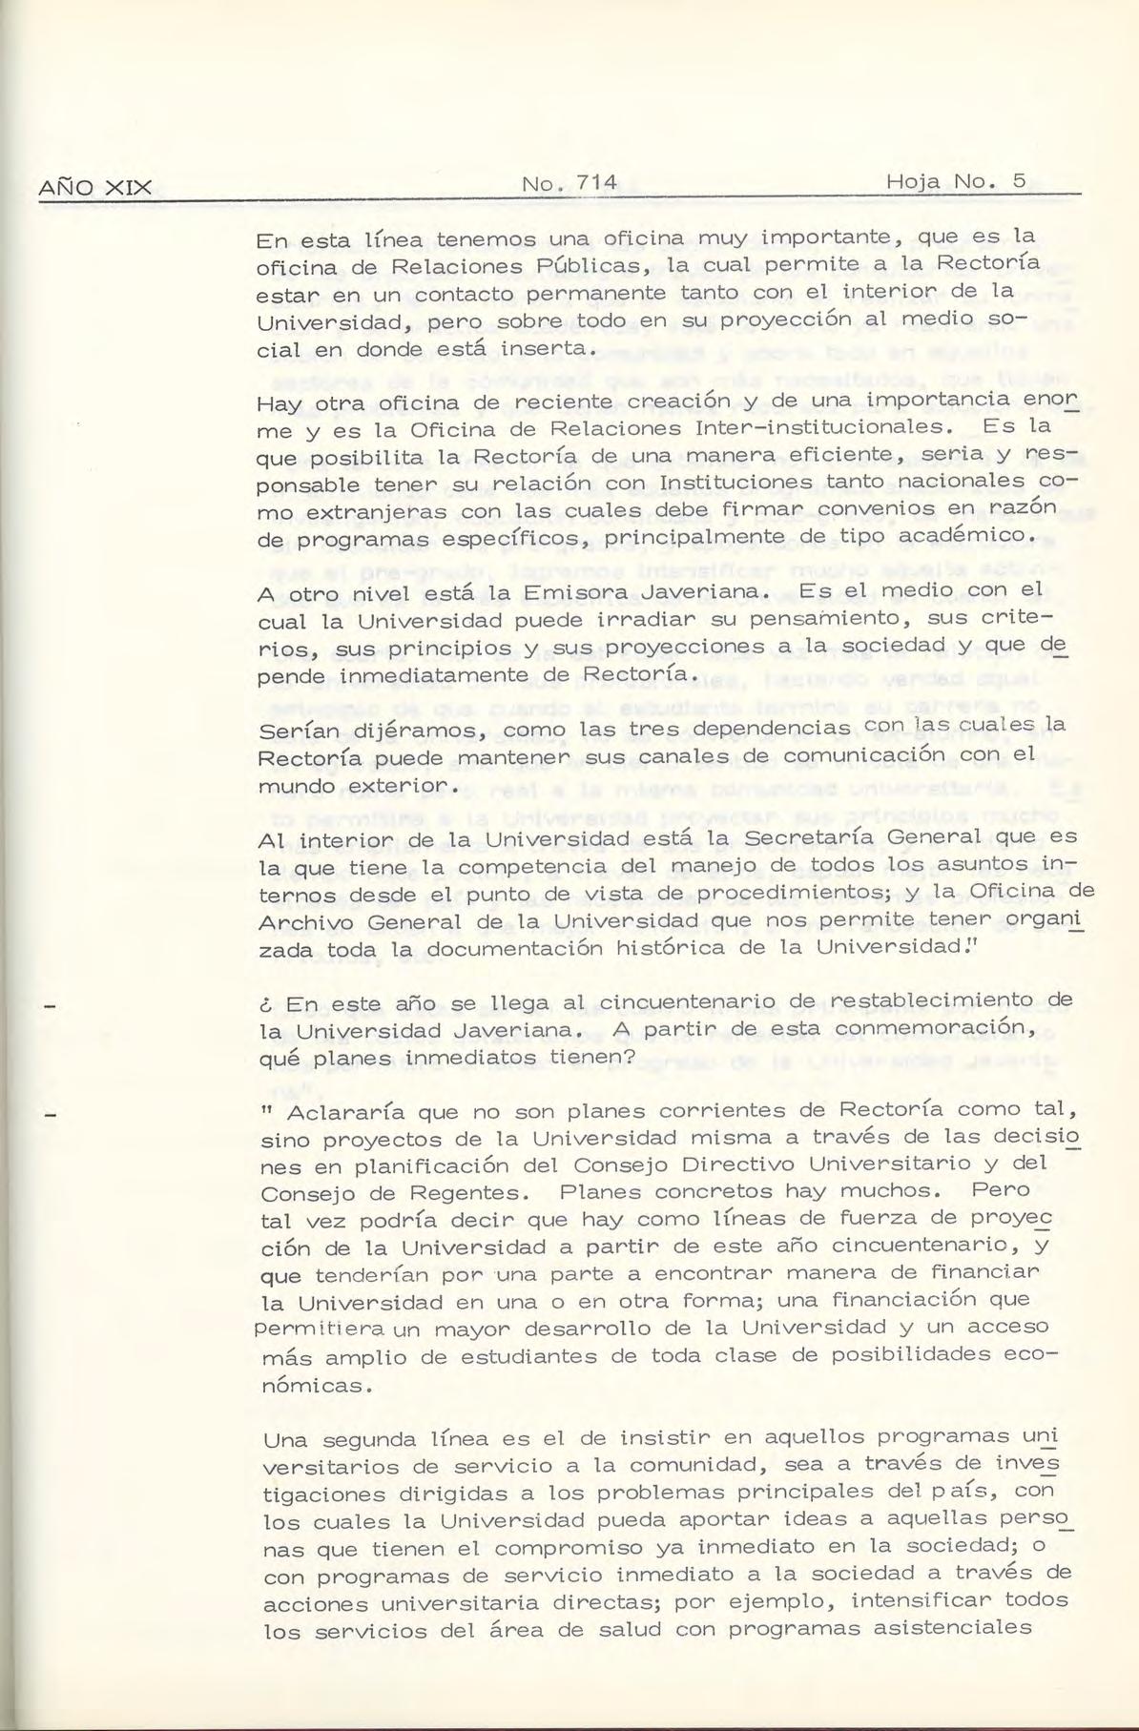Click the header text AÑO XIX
point(94,187)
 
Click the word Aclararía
point(354,1112)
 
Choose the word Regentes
point(456,1193)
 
